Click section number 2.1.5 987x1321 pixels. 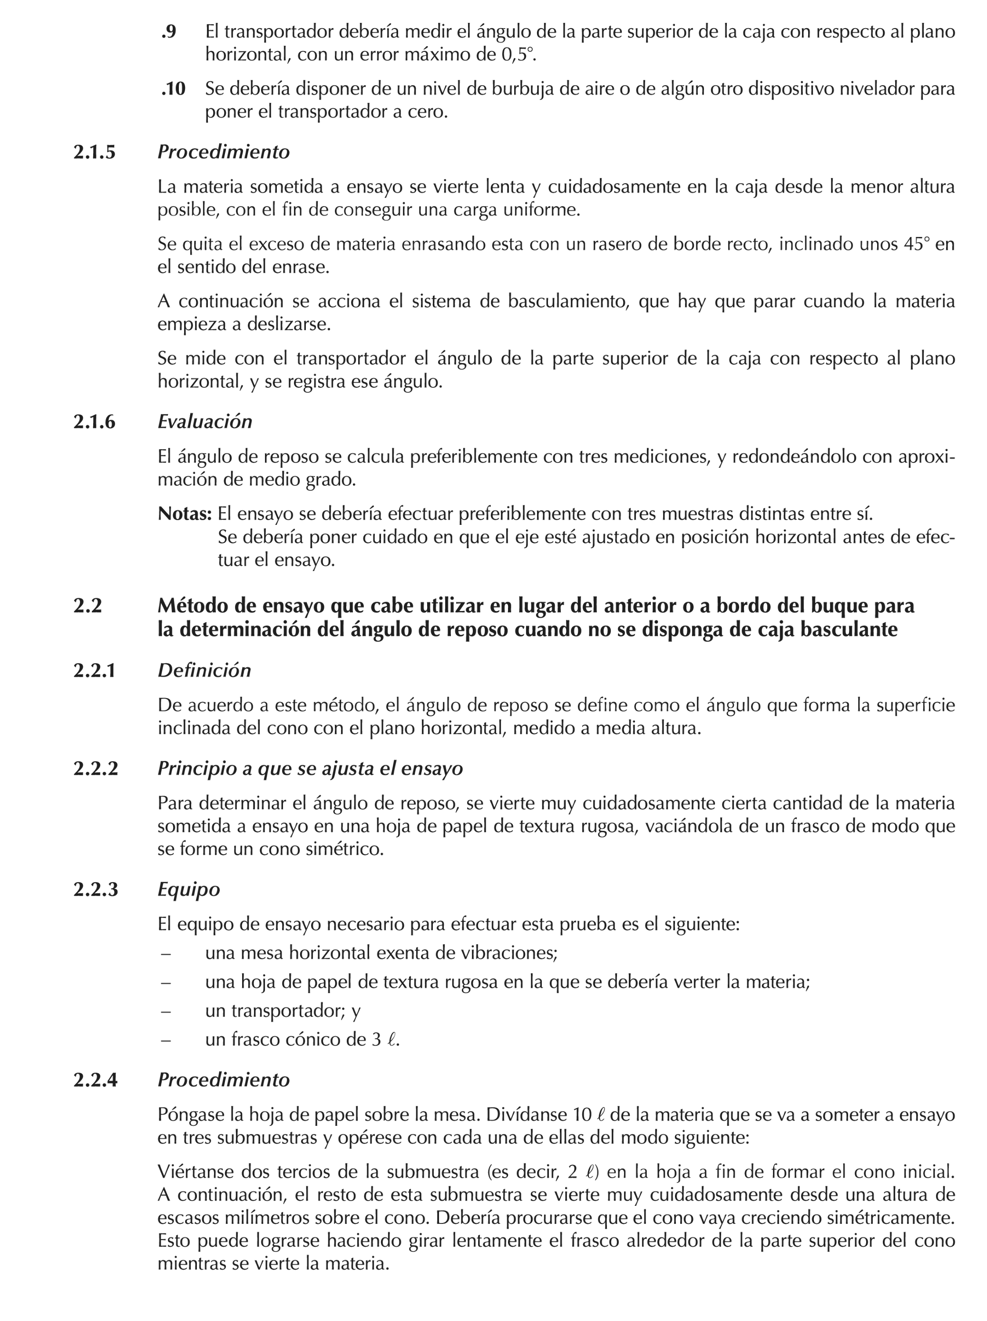pyautogui.click(x=94, y=152)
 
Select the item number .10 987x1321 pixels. pyautogui.click(x=173, y=89)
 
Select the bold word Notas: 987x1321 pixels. pyautogui.click(x=185, y=513)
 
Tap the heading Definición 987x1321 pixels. pyautogui.click(x=204, y=670)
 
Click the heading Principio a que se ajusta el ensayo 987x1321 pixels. pyautogui.click(x=310, y=768)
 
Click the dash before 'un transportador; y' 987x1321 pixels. pyautogui.click(x=166, y=1011)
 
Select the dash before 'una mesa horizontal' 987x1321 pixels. pyautogui.click(x=166, y=953)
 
